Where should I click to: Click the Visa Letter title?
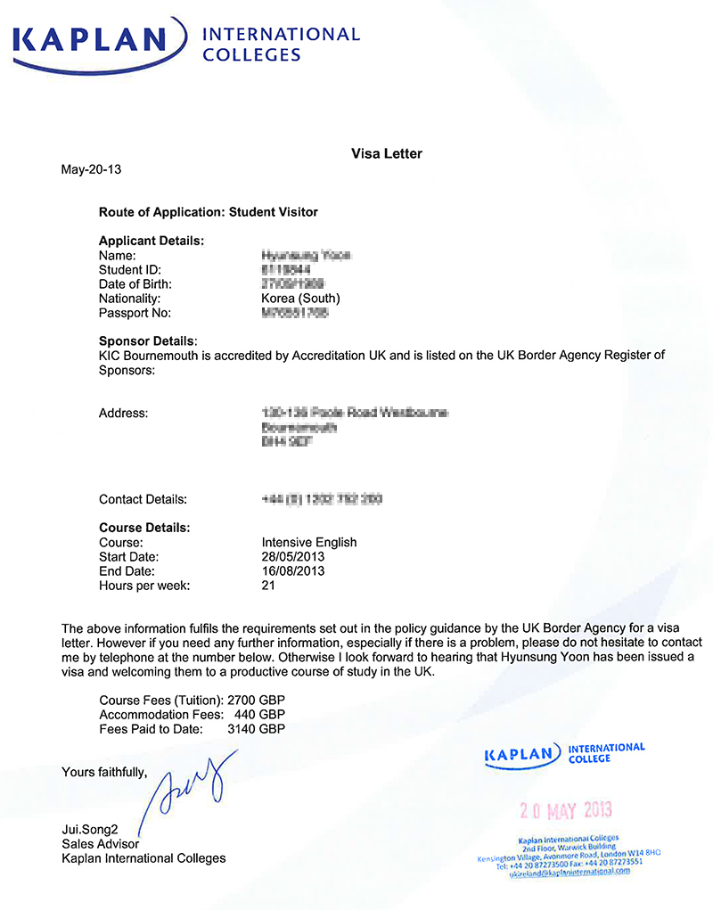tap(387, 153)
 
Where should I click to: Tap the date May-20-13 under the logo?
tap(89, 169)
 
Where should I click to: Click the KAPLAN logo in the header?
tap(89, 40)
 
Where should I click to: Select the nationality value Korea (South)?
tap(301, 299)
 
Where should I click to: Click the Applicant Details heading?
tap(152, 241)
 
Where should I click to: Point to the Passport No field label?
tap(135, 313)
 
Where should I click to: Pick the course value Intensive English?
tap(309, 542)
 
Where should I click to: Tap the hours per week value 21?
tap(268, 585)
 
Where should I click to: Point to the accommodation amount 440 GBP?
tap(259, 714)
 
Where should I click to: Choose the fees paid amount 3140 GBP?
tap(257, 728)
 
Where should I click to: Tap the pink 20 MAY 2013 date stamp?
tap(566, 811)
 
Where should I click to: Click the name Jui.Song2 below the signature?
tap(90, 830)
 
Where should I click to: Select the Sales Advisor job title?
tap(100, 844)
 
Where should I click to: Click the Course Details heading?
tap(144, 528)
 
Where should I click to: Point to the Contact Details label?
tap(143, 499)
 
